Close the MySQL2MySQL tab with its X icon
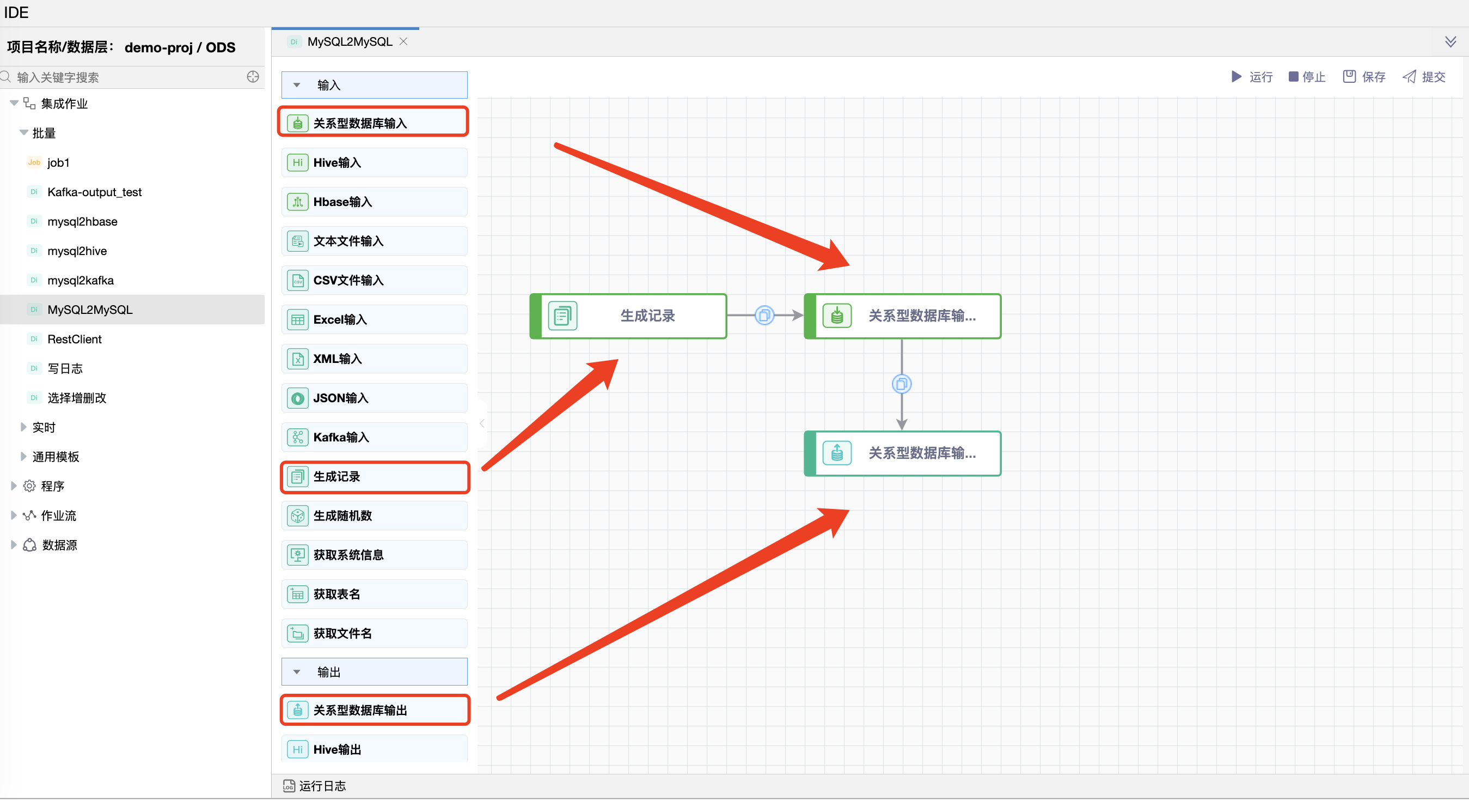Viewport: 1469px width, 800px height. coord(403,41)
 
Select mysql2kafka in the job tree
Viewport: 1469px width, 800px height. coord(81,280)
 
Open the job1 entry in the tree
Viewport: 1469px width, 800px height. coord(58,162)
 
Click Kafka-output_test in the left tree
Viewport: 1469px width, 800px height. coord(94,192)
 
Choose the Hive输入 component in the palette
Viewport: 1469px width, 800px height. coord(374,162)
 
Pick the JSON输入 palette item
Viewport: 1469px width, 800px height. coord(374,398)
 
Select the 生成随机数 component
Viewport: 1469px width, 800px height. coord(374,516)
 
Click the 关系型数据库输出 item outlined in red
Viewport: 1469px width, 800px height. coord(374,710)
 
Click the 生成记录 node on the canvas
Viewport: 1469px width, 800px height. coord(628,316)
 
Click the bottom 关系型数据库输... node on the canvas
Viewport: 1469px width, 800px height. coord(902,453)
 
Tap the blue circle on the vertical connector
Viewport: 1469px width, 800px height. coord(902,384)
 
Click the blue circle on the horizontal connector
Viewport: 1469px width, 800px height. coord(764,315)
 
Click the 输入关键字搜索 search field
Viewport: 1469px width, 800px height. coord(125,77)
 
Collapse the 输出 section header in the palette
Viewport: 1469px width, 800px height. coord(374,671)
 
